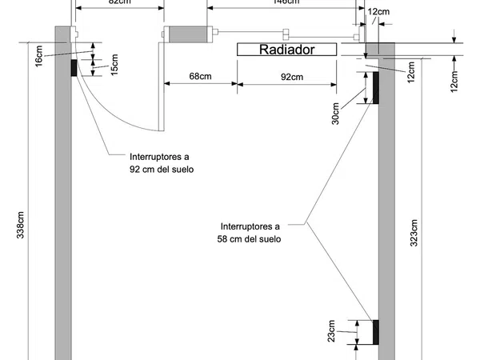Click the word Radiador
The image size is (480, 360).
pos(286,50)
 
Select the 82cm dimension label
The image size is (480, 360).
pos(118,2)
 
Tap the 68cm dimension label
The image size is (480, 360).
pos(200,77)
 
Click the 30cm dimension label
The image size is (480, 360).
pos(336,114)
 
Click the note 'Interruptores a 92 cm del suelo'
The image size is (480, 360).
pos(162,163)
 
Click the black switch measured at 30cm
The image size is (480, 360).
pos(374,88)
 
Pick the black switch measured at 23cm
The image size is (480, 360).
pos(374,332)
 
